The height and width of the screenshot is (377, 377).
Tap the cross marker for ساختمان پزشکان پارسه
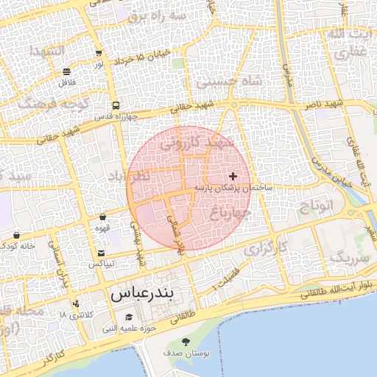(233, 176)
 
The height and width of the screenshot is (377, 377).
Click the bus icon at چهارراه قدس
(116, 105)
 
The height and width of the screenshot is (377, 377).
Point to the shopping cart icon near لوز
(99, 53)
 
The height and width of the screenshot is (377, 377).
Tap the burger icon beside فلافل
(67, 71)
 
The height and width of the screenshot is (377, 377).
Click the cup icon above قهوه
(102, 217)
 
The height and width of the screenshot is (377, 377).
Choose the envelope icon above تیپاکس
(101, 253)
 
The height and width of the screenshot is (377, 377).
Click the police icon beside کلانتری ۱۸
(77, 303)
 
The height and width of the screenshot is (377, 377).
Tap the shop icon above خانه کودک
(16, 236)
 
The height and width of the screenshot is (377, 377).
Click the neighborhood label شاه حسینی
(225, 82)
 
